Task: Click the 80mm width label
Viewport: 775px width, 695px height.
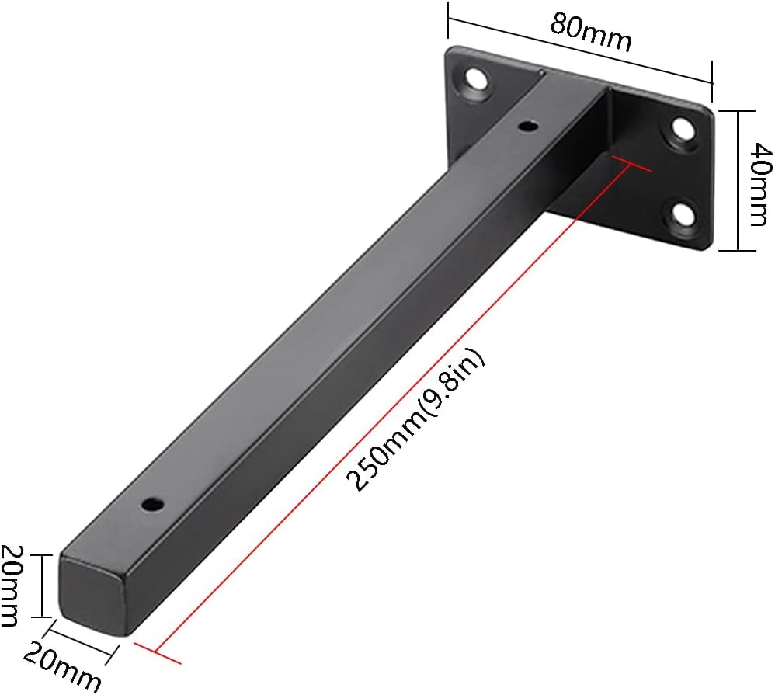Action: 590,32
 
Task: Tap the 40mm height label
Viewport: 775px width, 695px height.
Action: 755,183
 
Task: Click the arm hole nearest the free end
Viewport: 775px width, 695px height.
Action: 153,504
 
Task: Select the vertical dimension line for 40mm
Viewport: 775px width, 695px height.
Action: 737,180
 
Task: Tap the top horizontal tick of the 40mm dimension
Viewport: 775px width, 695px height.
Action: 737,111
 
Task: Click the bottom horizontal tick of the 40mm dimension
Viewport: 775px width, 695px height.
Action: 737,250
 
